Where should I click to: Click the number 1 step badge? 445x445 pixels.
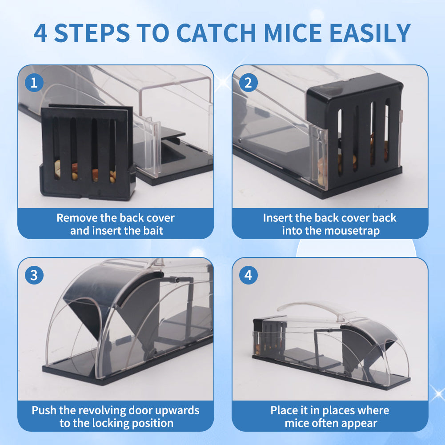point(34,83)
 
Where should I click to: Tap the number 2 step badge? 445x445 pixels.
point(249,83)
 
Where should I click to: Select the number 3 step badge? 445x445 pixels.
point(34,275)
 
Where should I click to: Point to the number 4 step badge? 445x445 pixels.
point(249,275)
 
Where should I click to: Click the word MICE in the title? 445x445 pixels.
point(293,33)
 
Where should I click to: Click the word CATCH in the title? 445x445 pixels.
point(216,33)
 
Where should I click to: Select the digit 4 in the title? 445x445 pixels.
point(40,33)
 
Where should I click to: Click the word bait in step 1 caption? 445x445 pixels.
point(153,230)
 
